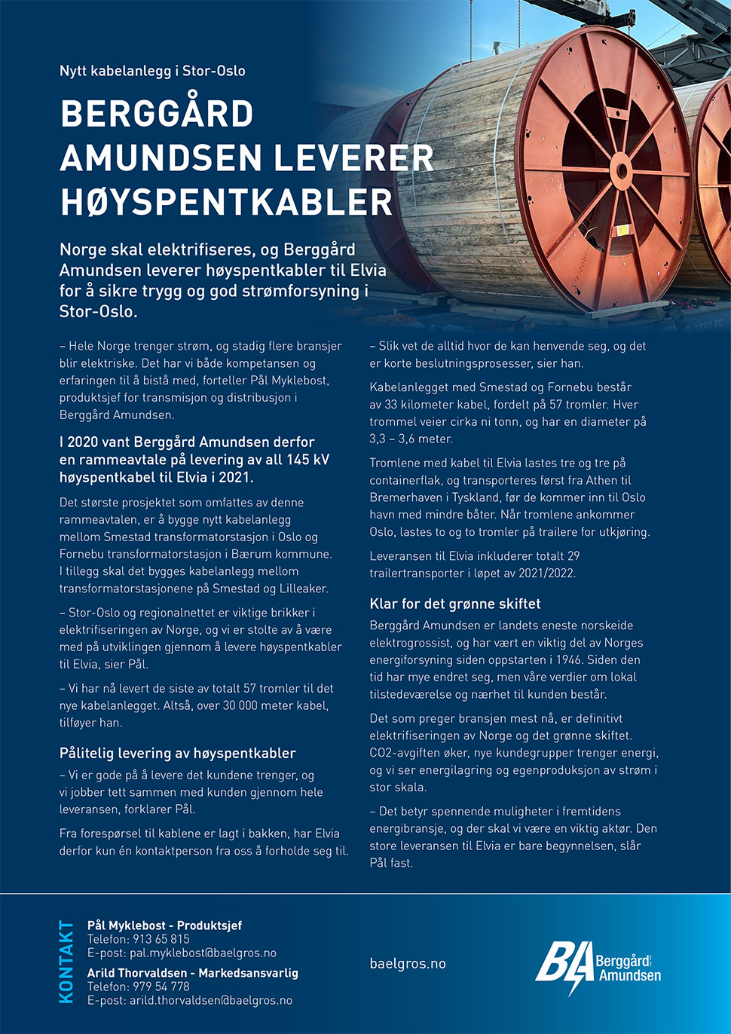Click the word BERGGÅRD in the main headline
157,115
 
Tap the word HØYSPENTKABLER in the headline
226,202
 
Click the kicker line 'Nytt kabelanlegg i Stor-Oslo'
152,71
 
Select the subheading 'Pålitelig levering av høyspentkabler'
177,753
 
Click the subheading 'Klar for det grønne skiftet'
454,604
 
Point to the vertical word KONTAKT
66,962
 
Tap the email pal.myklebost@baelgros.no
203,953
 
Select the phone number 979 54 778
161,987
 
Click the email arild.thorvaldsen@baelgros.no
210,1000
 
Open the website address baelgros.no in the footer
408,963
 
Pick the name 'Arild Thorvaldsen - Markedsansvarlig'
192,973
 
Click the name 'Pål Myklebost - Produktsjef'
164,925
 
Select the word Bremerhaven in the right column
404,497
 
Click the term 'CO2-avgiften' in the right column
405,753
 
